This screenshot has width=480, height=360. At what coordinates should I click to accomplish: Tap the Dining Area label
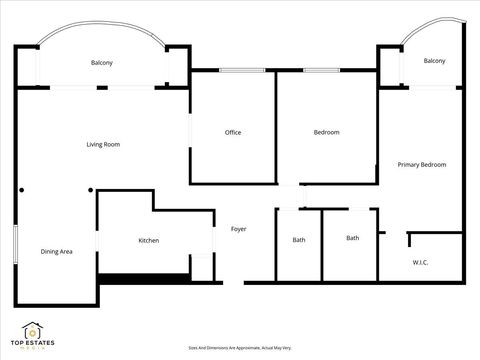pos(56,252)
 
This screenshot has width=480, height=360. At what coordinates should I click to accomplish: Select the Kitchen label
pos(148,241)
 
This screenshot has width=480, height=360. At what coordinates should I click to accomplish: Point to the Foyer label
pos(238,230)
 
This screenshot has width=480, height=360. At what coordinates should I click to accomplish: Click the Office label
pos(232,133)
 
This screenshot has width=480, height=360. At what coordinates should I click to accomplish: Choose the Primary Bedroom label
pos(421,164)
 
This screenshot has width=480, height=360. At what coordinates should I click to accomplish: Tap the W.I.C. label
pos(420,263)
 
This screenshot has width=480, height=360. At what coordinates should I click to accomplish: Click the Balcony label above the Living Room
pos(101,63)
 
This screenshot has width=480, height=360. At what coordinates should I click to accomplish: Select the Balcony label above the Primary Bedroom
pos(434,62)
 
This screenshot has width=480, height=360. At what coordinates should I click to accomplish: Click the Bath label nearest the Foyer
pos(299,240)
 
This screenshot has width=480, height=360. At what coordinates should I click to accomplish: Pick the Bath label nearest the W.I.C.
pos(352,238)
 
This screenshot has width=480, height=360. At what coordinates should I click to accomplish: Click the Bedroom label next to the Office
pos(326,133)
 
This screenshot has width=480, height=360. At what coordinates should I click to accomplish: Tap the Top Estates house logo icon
pos(34,330)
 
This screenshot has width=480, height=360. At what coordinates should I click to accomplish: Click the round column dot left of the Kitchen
pos(91,190)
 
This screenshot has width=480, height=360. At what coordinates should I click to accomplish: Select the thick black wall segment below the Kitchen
pos(145,278)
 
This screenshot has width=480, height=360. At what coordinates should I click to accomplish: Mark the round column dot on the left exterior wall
pos(19,189)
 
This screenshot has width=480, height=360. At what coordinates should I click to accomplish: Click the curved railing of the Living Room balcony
pos(100,36)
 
